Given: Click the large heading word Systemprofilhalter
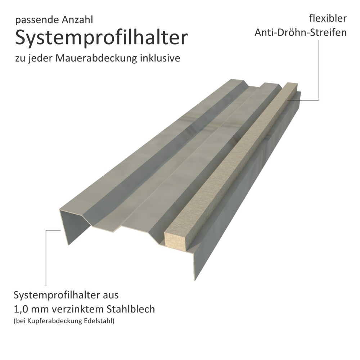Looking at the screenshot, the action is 102,38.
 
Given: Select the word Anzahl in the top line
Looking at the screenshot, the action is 77,20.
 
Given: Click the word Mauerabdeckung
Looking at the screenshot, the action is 96,58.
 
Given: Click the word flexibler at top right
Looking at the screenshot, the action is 328,18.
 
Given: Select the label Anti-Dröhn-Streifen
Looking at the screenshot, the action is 301,32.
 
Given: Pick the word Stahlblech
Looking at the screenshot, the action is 131,309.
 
